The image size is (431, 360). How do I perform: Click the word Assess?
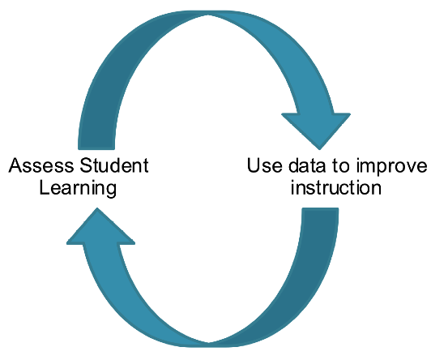(x=41, y=165)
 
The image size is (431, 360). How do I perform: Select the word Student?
(x=114, y=165)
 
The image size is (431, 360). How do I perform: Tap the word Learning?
(x=78, y=188)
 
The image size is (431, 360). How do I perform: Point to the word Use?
(x=264, y=165)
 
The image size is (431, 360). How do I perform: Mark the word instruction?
(x=336, y=187)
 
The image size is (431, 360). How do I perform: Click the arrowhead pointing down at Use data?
(x=317, y=128)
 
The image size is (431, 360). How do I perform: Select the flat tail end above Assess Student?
(x=96, y=148)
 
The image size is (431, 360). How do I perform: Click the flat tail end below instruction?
(x=320, y=208)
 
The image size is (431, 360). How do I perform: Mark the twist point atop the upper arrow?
(x=208, y=13)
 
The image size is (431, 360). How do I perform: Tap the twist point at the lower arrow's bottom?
(x=208, y=345)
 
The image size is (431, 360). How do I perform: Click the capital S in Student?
(x=86, y=165)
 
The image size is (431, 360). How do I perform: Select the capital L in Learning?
(x=45, y=187)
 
